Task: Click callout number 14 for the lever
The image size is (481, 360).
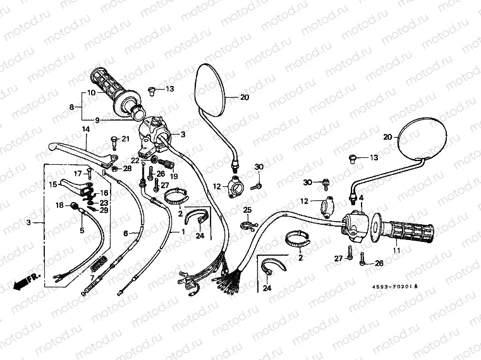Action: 83,129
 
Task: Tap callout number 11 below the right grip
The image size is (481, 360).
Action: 397,251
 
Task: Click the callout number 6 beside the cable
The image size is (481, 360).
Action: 125,234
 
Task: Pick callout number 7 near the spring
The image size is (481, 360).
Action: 92,277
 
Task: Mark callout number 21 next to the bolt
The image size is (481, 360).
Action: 125,139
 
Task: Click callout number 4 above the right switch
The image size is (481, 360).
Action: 362,198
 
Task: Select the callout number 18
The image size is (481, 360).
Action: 58,205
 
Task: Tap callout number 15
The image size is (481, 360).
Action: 53,184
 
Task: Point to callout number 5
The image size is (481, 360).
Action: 82,231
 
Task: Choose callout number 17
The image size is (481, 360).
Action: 78,172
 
